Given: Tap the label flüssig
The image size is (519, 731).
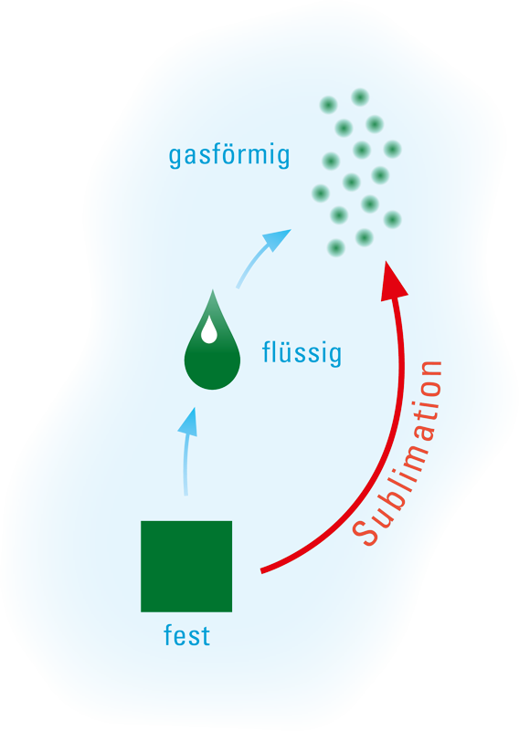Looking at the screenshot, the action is [302, 353].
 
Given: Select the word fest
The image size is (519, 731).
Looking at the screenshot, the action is [186, 635].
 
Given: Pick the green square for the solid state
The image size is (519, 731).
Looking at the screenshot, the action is [186, 567].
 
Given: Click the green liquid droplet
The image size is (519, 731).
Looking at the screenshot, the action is [212, 345].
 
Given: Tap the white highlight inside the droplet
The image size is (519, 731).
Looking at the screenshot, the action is [208, 330].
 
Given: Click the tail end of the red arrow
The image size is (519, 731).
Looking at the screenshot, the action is [261, 570].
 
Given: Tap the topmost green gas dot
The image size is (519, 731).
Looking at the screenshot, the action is [360, 98].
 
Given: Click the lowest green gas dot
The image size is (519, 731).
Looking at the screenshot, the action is [335, 247].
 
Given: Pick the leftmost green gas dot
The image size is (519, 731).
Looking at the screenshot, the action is [321, 193].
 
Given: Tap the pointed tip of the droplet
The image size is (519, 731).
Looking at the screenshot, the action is [213, 290].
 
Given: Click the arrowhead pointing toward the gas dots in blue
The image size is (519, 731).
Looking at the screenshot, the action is [277, 239].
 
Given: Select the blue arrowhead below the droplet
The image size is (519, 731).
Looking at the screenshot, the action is [188, 422].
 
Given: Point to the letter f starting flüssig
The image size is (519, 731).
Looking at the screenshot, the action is [267, 351].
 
